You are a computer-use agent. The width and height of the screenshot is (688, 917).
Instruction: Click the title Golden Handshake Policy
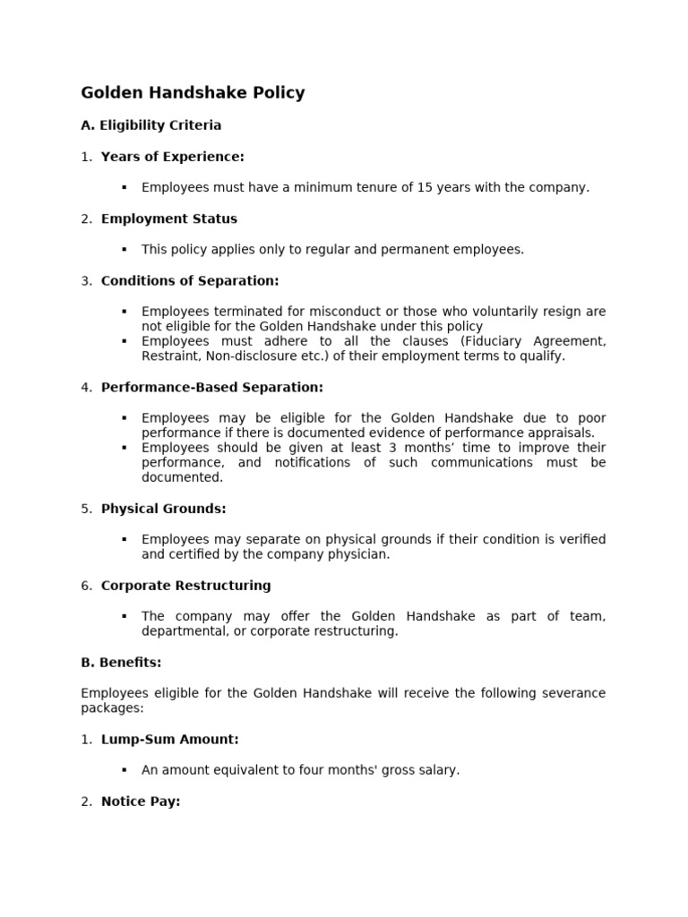pyautogui.click(x=193, y=93)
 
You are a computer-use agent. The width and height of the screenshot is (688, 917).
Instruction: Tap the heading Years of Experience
pyautogui.click(x=172, y=157)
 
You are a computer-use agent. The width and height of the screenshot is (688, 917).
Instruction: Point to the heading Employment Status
pyautogui.click(x=168, y=219)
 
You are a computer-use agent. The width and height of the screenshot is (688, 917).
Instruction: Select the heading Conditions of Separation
pyautogui.click(x=190, y=281)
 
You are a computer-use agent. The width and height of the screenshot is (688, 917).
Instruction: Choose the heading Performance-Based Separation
pyautogui.click(x=211, y=388)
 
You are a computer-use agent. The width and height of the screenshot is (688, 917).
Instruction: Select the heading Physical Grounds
pyautogui.click(x=163, y=509)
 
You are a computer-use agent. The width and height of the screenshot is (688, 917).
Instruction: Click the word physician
pyautogui.click(x=361, y=554)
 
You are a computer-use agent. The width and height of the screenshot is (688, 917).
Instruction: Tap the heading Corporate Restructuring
pyautogui.click(x=185, y=586)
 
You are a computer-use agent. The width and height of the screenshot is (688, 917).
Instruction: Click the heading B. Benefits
pyautogui.click(x=121, y=663)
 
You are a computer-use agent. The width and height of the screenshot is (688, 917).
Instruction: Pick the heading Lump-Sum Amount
pyautogui.click(x=169, y=740)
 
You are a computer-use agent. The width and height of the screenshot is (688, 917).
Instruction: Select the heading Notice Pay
pyautogui.click(x=140, y=801)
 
